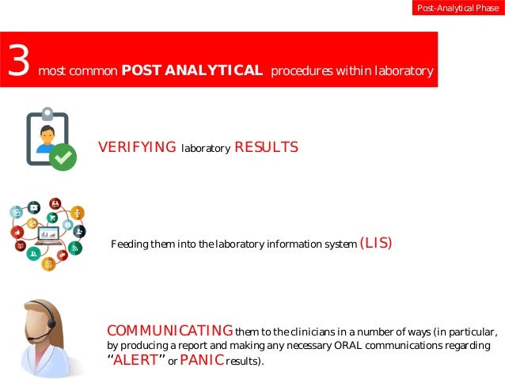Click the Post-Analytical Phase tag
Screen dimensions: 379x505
click(458, 9)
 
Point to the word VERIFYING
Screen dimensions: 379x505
click(136, 147)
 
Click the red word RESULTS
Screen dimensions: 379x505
click(267, 147)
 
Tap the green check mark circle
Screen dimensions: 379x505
click(63, 157)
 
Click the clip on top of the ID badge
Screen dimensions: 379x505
click(47, 113)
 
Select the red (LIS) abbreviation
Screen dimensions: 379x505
click(376, 243)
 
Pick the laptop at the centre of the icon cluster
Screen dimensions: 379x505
click(47, 234)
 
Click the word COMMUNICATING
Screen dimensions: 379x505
click(169, 330)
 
